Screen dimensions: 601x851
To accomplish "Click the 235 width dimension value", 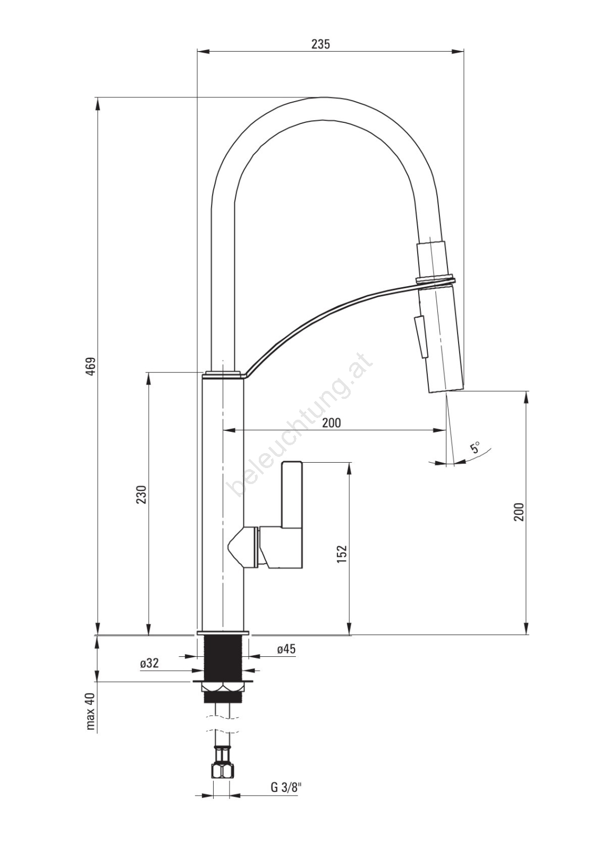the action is [x=321, y=44].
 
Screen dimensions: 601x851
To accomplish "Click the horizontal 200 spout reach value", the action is [x=332, y=422].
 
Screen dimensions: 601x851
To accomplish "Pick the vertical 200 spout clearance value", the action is [x=519, y=511].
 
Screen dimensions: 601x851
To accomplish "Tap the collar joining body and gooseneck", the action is [x=224, y=374].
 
